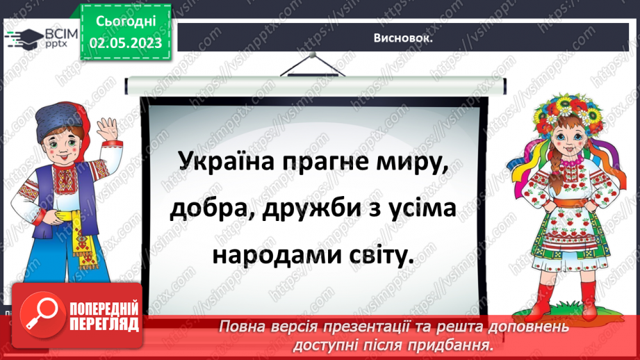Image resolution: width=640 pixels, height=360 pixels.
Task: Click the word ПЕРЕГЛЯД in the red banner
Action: click(x=104, y=325)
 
